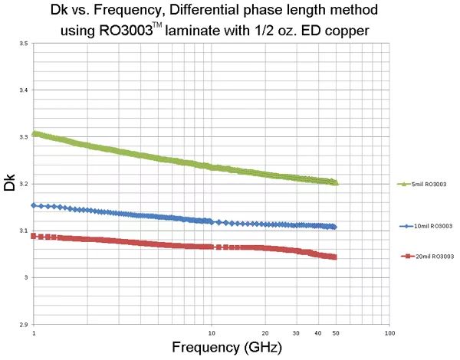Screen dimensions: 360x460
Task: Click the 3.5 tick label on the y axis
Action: [x=25, y=44]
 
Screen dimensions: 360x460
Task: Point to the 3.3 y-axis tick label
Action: [x=25, y=137]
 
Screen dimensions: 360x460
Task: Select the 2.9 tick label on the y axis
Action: [x=25, y=325]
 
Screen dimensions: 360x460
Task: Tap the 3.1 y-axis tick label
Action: [x=25, y=231]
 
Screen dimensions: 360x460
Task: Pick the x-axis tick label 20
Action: [x=264, y=333]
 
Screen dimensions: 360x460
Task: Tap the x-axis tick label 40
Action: [x=318, y=333]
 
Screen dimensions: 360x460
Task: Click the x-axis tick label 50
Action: [x=336, y=333]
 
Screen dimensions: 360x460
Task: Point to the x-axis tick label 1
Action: [x=33, y=333]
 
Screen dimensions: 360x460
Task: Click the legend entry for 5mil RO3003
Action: [x=426, y=185]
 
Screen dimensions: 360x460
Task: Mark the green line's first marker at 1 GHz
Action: [x=34, y=133]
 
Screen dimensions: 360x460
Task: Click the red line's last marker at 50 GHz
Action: [x=335, y=257]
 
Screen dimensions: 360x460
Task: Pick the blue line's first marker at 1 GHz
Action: [x=34, y=205]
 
